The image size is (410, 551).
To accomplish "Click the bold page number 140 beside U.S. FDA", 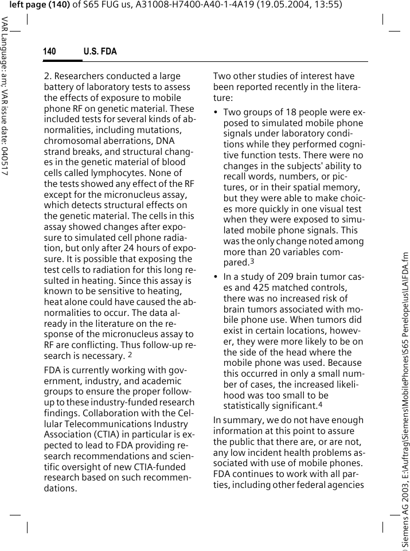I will point(49,52).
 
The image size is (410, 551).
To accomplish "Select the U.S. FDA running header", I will point(100,52).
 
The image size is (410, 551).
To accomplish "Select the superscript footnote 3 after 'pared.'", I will point(252,261).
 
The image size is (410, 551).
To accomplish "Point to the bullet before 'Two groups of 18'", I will point(216,112).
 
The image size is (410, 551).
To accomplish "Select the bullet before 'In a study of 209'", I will point(216,277).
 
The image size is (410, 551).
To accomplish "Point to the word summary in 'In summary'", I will point(241,420).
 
